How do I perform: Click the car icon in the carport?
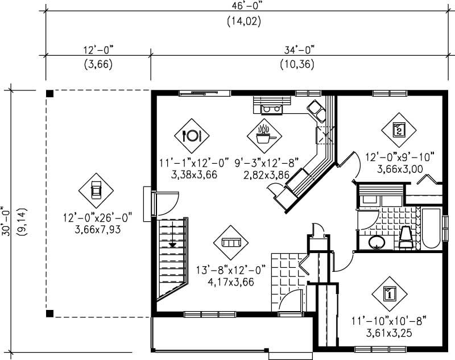click(x=96, y=190)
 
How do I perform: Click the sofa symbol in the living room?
click(x=231, y=242)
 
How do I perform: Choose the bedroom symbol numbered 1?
click(x=390, y=294)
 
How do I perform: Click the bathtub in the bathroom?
click(x=431, y=230)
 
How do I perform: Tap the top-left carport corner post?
click(x=49, y=93)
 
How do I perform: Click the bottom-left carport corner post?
click(x=49, y=313)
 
